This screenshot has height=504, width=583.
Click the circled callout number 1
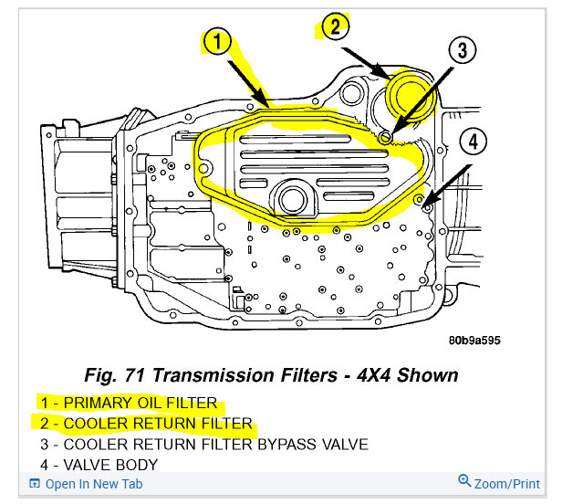pyautogui.click(x=216, y=41)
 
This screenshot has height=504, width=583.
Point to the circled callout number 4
pyautogui.click(x=474, y=142)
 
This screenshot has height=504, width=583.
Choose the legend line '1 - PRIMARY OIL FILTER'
pyautogui.click(x=128, y=403)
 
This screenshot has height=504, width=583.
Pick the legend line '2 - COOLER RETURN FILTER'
pyautogui.click(x=145, y=424)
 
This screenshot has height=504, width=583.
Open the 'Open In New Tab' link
pyautogui.click(x=93, y=484)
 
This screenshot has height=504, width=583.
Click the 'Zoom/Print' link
pyautogui.click(x=506, y=483)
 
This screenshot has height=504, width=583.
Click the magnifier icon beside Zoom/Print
pyautogui.click(x=464, y=482)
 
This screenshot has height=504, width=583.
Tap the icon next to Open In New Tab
pyautogui.click(x=35, y=484)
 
